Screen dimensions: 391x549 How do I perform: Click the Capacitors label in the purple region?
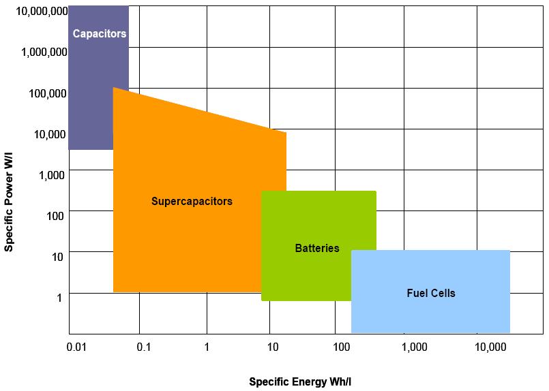[x=100, y=33]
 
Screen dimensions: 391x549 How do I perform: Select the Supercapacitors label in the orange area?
[x=192, y=201]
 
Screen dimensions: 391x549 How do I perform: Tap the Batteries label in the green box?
[x=317, y=249]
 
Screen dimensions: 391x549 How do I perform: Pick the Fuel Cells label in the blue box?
[x=430, y=294]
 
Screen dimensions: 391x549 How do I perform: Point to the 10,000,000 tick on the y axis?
[x=42, y=11]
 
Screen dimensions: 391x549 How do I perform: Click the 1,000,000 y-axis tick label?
[x=44, y=52]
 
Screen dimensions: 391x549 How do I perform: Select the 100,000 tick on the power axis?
[x=48, y=93]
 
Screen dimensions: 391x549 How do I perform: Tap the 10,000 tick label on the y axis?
[x=50, y=134]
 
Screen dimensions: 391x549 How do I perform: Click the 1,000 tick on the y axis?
[x=53, y=175]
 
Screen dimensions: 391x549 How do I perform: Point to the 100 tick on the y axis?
[x=55, y=216]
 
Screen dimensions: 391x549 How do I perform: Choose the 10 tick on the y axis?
[x=59, y=257]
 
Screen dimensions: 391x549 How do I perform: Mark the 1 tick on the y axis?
[x=60, y=298]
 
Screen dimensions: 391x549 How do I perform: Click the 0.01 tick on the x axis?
[x=76, y=347]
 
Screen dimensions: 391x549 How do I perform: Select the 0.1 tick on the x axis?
[x=143, y=347]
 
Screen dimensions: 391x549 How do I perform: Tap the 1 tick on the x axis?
[x=207, y=347]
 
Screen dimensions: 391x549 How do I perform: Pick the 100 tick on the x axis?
[x=341, y=347]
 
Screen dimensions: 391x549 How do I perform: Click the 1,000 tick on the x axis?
[x=415, y=347]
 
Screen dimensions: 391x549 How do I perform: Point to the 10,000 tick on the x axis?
[x=490, y=347]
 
